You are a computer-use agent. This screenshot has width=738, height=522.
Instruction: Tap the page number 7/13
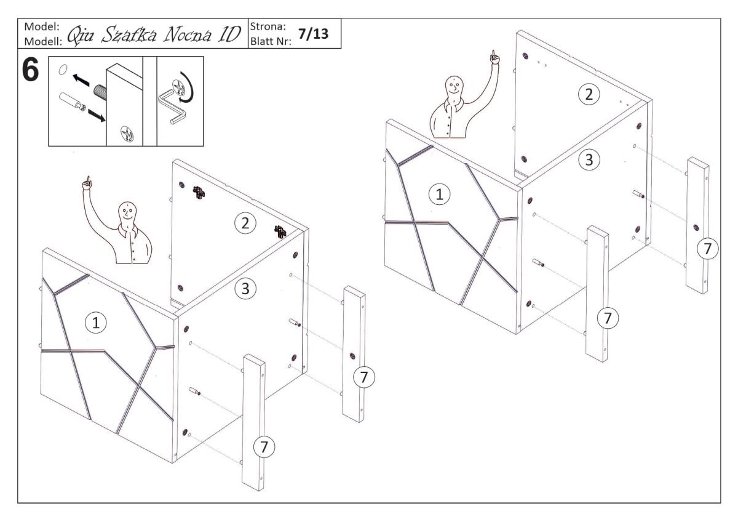coord(312,34)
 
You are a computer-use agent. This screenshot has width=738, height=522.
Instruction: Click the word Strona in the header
coord(266,28)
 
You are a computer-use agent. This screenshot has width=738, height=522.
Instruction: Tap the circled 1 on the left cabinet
coord(94,322)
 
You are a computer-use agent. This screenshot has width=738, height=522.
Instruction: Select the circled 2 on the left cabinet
coord(245,224)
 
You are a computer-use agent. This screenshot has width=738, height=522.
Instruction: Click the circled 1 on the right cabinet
coord(438,195)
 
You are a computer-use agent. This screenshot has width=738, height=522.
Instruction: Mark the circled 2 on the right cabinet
coord(589,94)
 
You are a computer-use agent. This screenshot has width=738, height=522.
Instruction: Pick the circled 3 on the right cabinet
coord(589,160)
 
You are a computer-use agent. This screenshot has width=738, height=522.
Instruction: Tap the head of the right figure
coord(454,85)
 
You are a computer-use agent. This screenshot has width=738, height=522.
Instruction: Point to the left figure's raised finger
coord(87,181)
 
